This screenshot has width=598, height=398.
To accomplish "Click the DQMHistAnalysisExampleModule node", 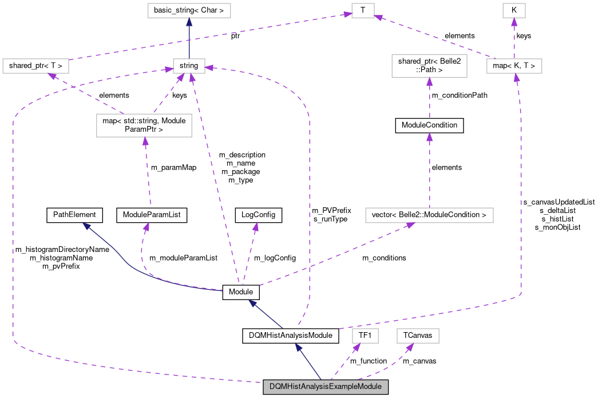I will (326, 387).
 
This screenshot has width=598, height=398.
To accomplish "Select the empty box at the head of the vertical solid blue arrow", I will (189, 10).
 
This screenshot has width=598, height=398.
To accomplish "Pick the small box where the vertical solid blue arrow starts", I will (189, 66).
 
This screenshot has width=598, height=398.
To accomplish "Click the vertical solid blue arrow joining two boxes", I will (189, 39).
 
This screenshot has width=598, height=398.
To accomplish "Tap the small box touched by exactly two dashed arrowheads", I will (363, 10).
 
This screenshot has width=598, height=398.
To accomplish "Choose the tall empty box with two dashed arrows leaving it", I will (144, 125).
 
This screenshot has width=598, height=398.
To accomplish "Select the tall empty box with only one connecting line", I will (429, 66).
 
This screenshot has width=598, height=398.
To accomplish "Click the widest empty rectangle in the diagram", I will (429, 215).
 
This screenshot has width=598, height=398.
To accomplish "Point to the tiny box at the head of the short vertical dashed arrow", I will (514, 10).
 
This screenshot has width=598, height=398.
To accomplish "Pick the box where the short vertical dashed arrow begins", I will (514, 66).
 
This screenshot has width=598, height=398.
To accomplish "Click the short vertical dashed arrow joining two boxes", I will (514, 39).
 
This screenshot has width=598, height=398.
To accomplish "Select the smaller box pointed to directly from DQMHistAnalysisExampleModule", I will (365, 336).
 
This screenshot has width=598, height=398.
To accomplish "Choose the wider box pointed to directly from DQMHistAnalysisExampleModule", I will (418, 336).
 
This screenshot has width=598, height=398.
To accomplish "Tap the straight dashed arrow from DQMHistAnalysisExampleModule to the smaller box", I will (345, 362).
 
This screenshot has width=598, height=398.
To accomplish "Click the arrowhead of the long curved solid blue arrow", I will (86, 226).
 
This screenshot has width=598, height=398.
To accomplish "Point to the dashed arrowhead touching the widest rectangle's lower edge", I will (410, 226).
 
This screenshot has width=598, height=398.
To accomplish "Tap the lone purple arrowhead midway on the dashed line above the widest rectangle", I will (429, 137).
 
